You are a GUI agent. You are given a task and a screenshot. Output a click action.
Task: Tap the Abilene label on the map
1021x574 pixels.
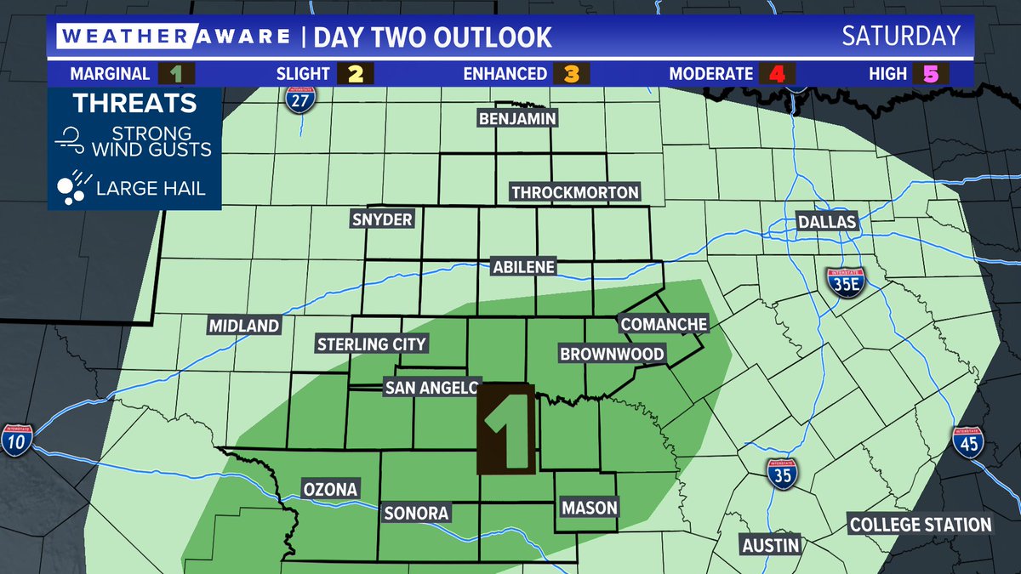coord(523,267)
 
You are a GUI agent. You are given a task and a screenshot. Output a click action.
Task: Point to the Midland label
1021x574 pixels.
coord(244,326)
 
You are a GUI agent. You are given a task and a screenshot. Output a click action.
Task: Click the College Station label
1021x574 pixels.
coord(921,525)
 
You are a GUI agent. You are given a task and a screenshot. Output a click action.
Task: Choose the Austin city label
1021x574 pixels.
coord(770,544)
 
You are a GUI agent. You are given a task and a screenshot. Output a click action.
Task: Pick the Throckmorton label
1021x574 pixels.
coord(574,192)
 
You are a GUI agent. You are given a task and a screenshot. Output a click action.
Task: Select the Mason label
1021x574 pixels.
coord(589,508)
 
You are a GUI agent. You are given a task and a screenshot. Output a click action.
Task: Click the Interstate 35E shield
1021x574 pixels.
coord(840,282)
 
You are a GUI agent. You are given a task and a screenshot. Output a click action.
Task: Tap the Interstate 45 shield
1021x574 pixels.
coord(967,442)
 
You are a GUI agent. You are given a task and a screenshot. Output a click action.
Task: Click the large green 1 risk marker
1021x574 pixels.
coord(507,429)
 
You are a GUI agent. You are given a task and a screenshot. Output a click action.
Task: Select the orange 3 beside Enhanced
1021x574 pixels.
coord(571,74)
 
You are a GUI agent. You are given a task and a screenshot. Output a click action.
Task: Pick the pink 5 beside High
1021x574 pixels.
coord(929,74)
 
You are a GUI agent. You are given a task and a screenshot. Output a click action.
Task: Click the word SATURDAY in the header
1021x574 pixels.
coord(900,37)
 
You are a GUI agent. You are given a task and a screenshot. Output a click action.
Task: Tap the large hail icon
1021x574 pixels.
coord(71,188)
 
